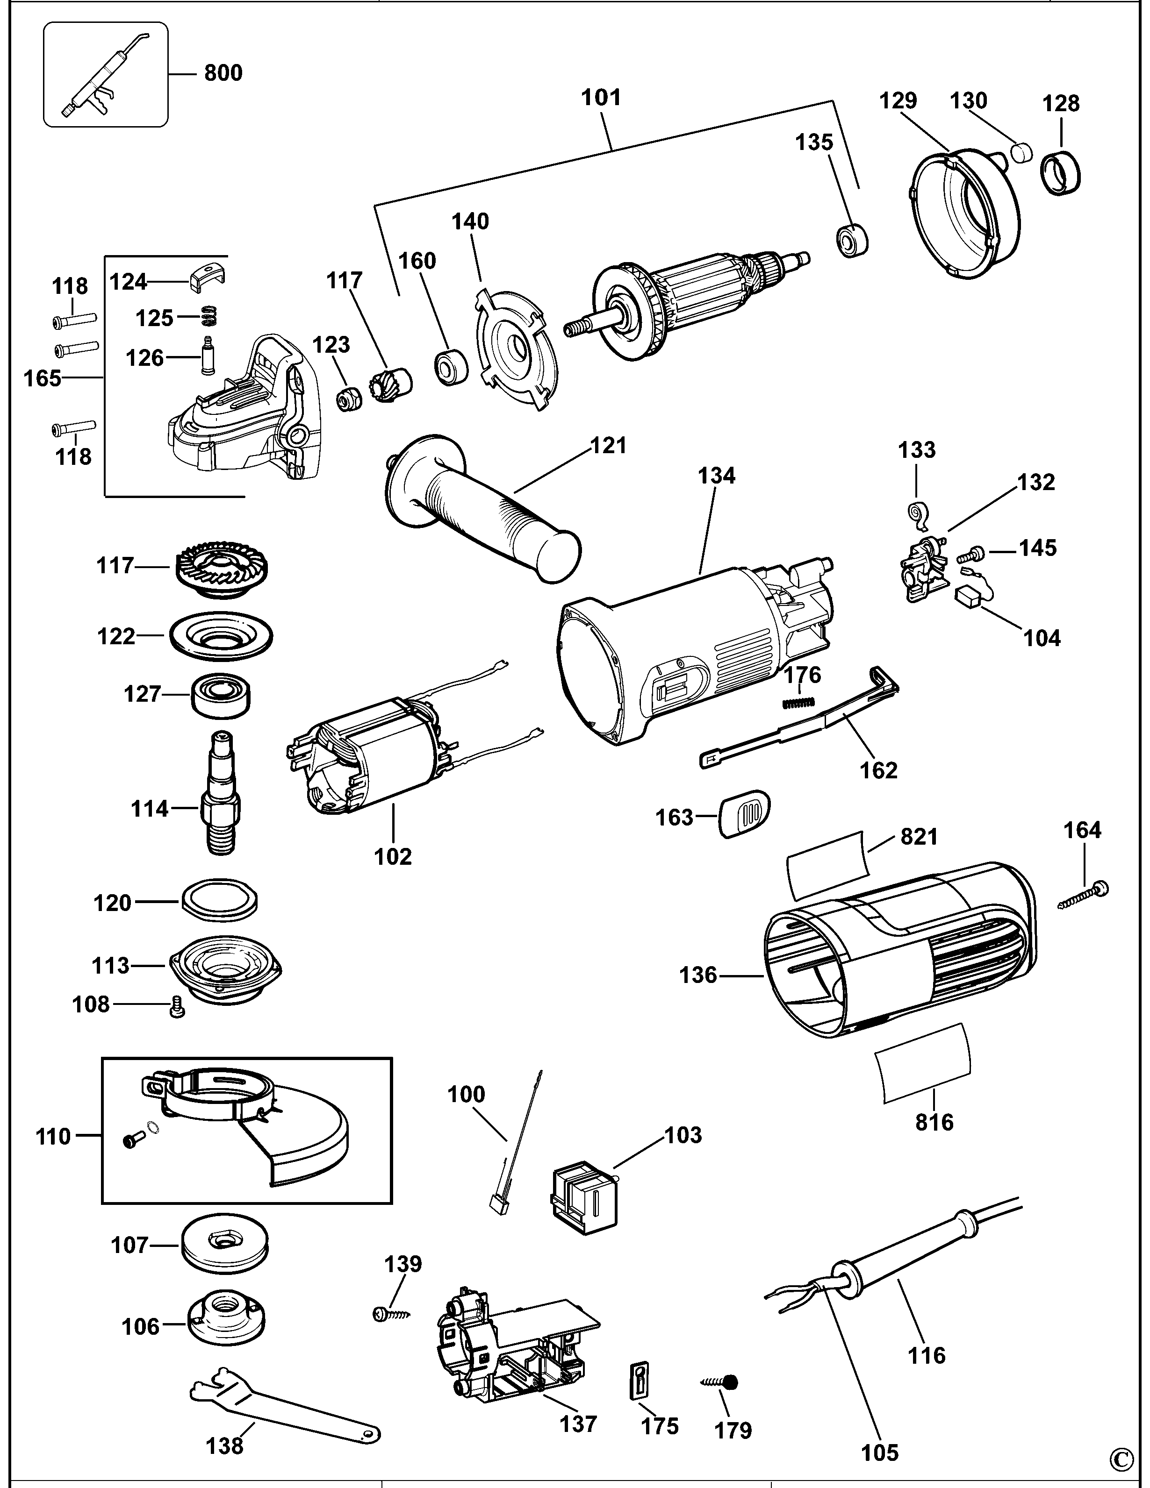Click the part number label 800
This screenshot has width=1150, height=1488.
(223, 73)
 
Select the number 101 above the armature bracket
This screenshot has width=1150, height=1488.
(601, 98)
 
